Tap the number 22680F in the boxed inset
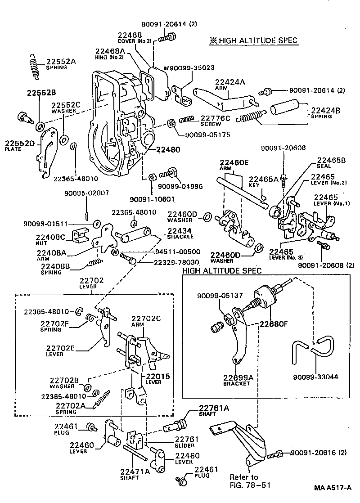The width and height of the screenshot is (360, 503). tap(274, 322)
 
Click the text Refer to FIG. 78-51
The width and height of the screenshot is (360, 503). tap(244, 481)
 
